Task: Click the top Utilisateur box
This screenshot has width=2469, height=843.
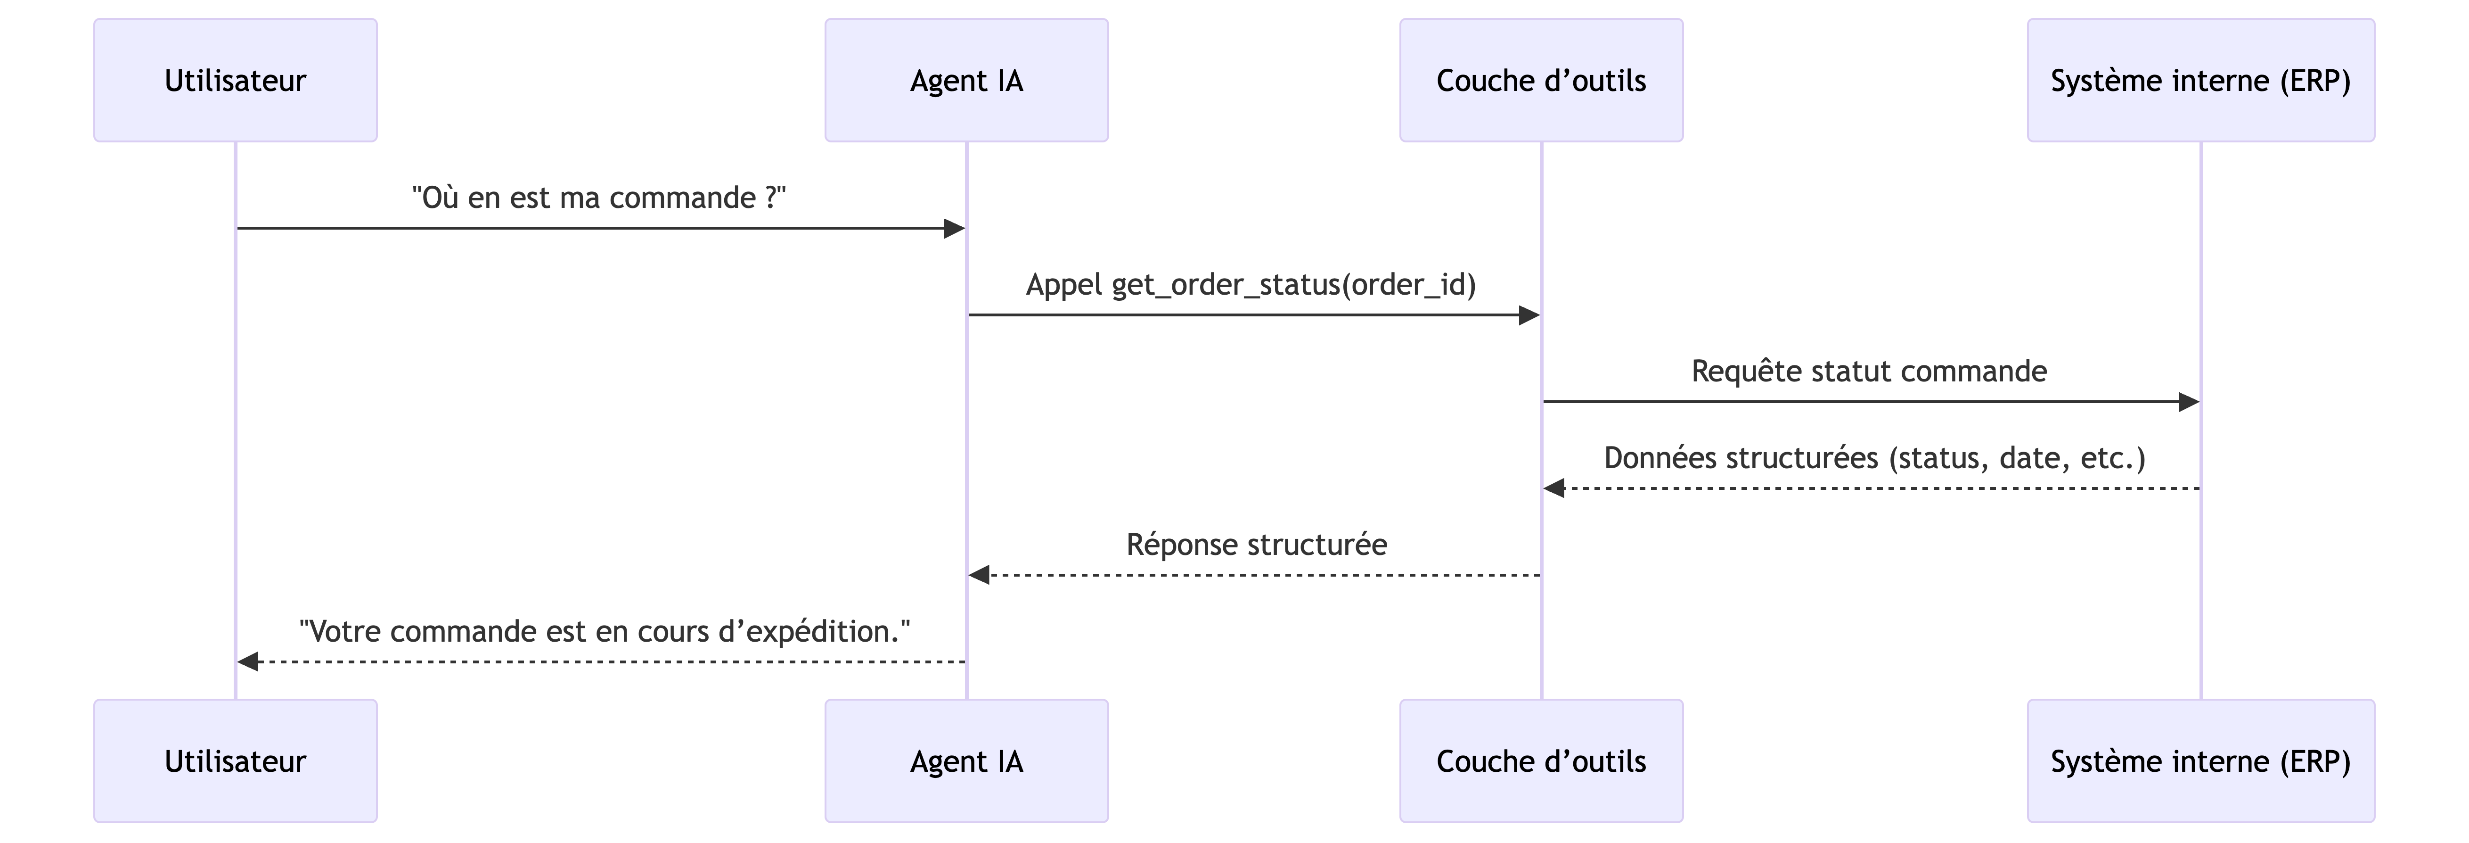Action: [x=235, y=81]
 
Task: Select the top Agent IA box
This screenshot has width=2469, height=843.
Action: [x=966, y=81]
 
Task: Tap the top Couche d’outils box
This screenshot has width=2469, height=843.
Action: [x=1541, y=81]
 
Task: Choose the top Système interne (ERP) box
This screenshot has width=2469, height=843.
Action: [x=2200, y=81]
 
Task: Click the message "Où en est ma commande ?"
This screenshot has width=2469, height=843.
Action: [x=599, y=198]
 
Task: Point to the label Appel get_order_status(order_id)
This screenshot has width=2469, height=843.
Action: [x=1251, y=285]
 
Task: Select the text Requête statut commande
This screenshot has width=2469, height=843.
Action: [x=1869, y=371]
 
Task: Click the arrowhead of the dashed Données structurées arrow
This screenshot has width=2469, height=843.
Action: [x=1553, y=488]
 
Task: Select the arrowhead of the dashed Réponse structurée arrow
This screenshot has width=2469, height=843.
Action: [x=979, y=575]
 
